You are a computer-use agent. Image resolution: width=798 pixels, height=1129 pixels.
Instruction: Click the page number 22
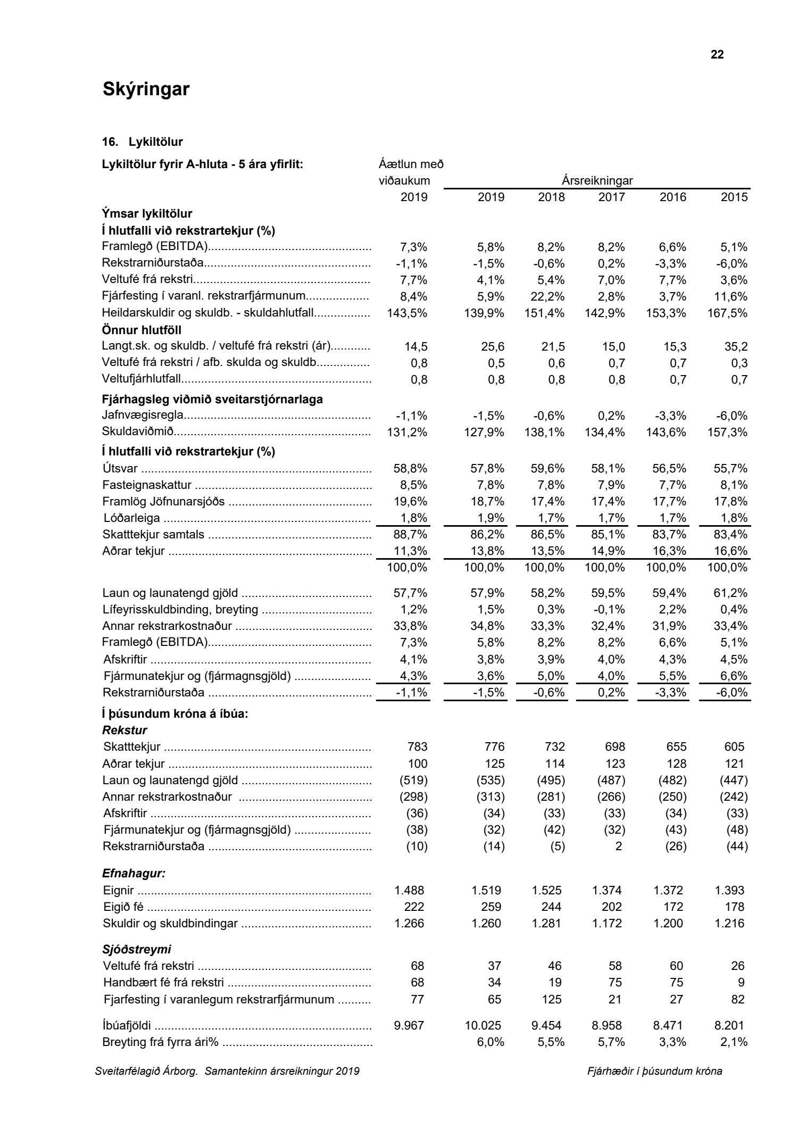[x=717, y=55]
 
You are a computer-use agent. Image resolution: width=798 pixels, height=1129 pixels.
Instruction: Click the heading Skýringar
[x=146, y=89]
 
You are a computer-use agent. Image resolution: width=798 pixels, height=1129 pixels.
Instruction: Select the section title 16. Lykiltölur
[x=142, y=142]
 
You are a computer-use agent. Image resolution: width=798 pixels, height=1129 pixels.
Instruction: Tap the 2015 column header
[x=734, y=197]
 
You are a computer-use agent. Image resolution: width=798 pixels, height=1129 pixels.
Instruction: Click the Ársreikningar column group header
[x=597, y=180]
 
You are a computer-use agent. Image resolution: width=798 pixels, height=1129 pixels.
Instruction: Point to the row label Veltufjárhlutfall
[x=142, y=379]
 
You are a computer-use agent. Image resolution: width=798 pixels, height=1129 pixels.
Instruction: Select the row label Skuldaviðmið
[x=138, y=432]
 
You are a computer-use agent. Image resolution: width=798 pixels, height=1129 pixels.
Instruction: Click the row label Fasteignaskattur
[x=147, y=485]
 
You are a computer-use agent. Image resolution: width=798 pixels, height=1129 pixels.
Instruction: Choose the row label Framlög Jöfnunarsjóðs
[x=163, y=502]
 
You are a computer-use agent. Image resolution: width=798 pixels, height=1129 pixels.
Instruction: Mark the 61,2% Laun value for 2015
[x=730, y=593]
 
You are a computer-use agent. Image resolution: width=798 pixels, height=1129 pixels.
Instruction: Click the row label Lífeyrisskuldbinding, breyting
[x=180, y=610]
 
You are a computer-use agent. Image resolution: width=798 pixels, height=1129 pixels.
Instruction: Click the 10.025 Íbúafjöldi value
[x=486, y=1025]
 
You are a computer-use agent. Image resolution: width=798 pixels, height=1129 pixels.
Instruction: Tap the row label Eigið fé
[x=124, y=907]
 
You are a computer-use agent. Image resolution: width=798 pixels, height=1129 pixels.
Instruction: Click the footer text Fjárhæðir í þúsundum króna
[x=654, y=1071]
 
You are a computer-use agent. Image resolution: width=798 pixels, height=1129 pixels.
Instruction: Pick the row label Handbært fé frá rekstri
[x=163, y=983]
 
